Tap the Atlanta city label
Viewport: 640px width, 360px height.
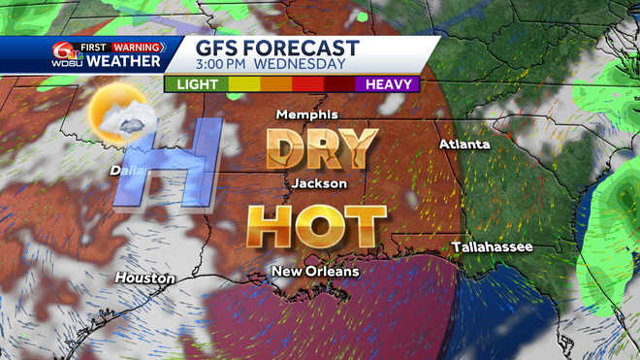coord(464,145)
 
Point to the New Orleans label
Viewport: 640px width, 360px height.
coord(315,271)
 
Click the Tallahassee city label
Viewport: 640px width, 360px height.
coord(492,248)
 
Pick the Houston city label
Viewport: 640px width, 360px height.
coord(144,278)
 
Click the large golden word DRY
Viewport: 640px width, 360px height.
coord(321,147)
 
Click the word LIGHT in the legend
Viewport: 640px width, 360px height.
coord(197,84)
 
